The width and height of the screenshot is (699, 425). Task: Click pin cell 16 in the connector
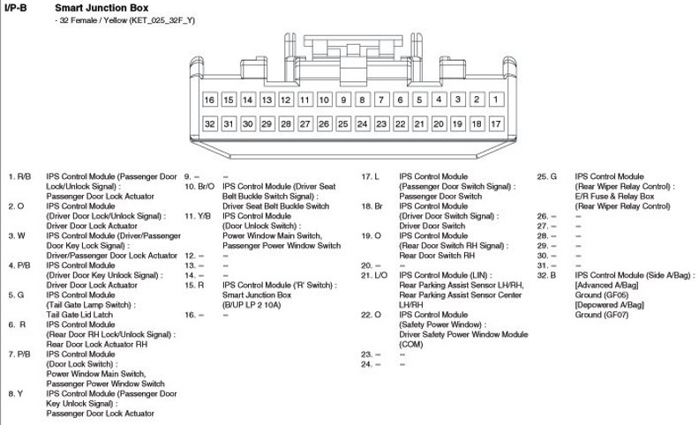pyautogui.click(x=210, y=101)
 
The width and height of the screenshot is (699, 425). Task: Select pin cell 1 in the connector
pyautogui.click(x=496, y=101)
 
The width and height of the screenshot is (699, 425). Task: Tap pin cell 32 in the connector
pyautogui.click(x=210, y=124)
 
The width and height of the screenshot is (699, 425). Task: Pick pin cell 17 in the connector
pyautogui.click(x=496, y=124)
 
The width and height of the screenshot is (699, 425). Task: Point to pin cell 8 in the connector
pyautogui.click(x=363, y=101)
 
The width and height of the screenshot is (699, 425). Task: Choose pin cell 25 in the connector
pyautogui.click(x=343, y=124)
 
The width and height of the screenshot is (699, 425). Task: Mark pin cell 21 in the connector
pyautogui.click(x=420, y=124)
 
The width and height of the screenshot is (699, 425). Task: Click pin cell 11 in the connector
pyautogui.click(x=305, y=101)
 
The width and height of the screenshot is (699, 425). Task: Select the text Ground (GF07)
pyautogui.click(x=603, y=315)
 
